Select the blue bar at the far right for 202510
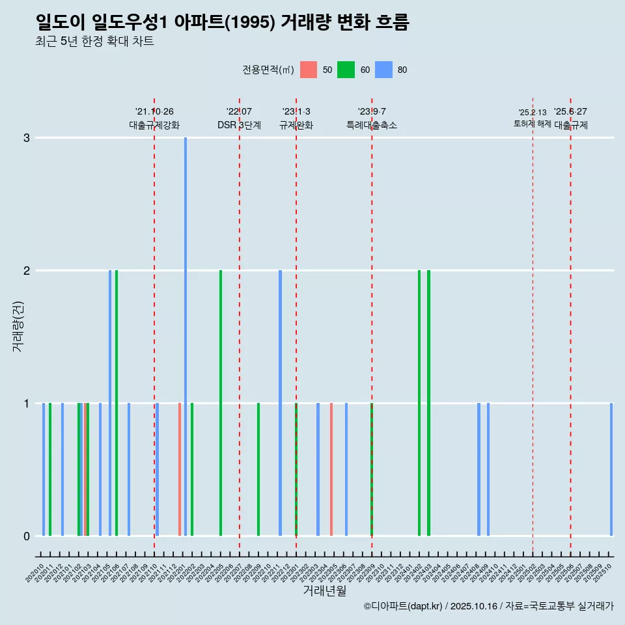click(611, 469)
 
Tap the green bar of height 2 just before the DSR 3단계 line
click(221, 402)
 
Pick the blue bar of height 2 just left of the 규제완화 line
click(281, 402)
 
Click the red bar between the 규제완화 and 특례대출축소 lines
click(331, 469)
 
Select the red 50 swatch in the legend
click(309, 70)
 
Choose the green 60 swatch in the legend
click(346, 70)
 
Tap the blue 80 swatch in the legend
click(384, 70)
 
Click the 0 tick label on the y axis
click(27, 536)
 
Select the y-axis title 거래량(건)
click(18, 326)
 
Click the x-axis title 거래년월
click(324, 590)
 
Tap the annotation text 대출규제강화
click(154, 125)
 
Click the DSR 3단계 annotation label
click(239, 125)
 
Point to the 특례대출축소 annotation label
click(372, 125)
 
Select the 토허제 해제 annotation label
click(533, 124)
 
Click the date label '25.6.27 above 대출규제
click(570, 112)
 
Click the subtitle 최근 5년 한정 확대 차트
click(95, 42)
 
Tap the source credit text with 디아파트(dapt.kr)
click(488, 606)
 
